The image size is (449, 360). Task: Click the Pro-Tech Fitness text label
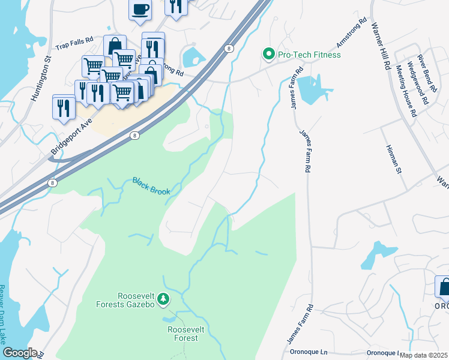pos(309,55)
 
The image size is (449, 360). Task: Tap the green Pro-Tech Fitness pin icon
pos(268,55)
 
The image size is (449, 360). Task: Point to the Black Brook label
pos(151,186)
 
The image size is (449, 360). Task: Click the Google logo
pos(19,353)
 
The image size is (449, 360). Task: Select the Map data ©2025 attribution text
pos(423,355)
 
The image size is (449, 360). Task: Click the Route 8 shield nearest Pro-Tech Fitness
pos(229,48)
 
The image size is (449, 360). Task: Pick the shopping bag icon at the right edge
pos(443,288)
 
